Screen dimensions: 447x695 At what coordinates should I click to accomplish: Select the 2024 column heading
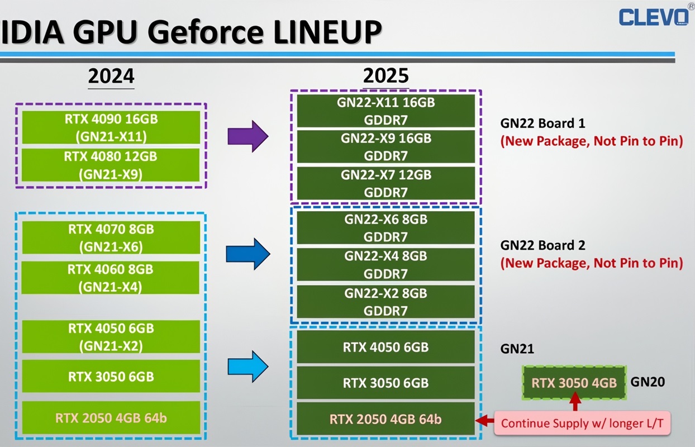coord(111,76)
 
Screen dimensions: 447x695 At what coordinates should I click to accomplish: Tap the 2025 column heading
coord(386,76)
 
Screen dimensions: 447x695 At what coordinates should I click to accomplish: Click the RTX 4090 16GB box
coord(111,127)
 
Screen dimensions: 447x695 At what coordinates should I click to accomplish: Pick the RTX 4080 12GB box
coord(111,165)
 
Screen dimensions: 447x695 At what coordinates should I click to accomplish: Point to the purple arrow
coord(247,136)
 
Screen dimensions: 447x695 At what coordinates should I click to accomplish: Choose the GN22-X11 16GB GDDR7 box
coord(385,111)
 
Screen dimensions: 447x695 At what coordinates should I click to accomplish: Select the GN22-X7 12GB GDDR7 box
coord(385,183)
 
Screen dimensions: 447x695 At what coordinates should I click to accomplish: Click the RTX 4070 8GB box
coord(111,237)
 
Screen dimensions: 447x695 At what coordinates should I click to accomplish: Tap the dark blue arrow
coord(247,255)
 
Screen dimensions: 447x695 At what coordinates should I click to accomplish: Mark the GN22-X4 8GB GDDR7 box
coord(385,265)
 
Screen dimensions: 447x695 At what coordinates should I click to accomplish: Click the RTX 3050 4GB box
coord(574,383)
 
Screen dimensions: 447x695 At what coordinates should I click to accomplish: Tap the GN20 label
coord(648,382)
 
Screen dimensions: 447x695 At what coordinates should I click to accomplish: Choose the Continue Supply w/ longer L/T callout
coord(582,423)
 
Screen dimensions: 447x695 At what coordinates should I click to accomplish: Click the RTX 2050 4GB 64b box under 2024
coord(111,417)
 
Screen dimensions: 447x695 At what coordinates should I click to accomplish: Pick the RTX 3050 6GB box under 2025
coord(385,383)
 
